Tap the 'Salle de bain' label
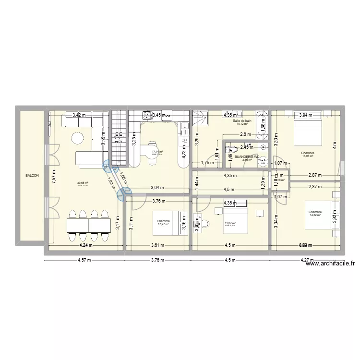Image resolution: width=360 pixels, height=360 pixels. point(242,120)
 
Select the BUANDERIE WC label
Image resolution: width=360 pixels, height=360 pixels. point(246,156)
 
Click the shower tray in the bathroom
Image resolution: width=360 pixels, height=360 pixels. point(201,118)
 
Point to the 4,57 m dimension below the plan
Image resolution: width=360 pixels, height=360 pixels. point(84,261)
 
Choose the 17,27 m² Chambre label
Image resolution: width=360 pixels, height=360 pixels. point(163,222)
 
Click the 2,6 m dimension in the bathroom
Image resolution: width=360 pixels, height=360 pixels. point(245,134)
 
